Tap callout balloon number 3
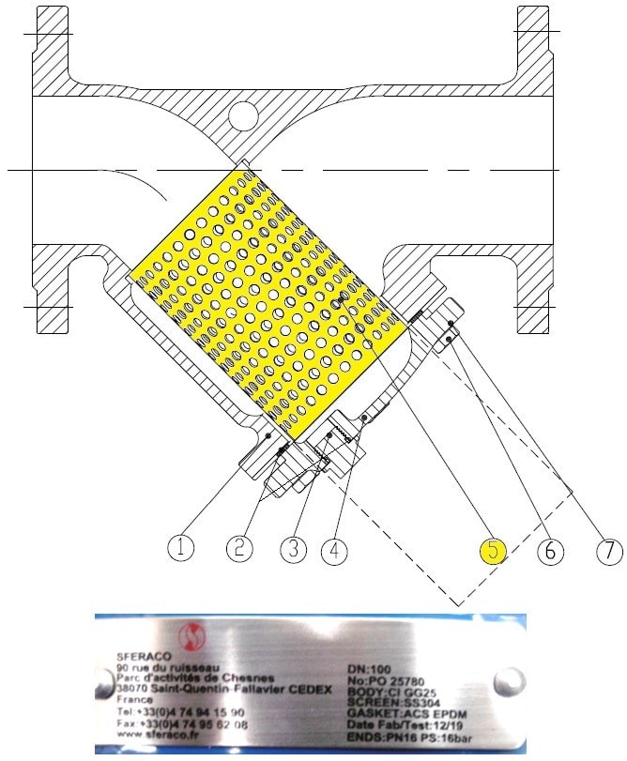(294, 548)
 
